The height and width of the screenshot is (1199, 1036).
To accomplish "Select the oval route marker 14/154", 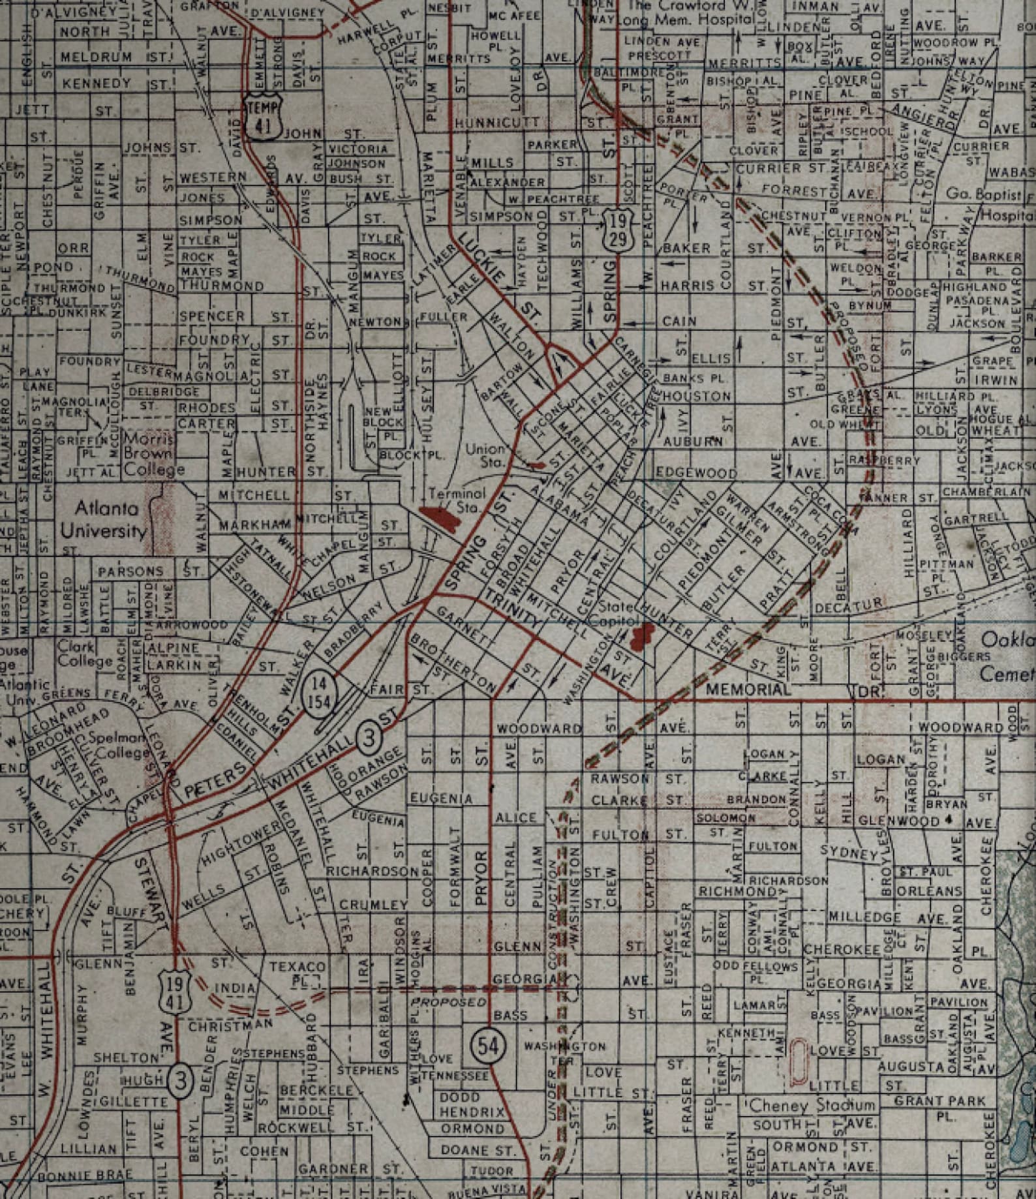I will point(318,693).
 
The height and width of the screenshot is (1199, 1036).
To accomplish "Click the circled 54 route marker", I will point(487,1046).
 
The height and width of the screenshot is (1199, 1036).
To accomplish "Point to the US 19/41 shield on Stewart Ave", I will point(175,994).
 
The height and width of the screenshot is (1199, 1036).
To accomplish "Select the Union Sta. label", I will point(485,455).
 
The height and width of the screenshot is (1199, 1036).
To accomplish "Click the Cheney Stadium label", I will point(811,1105).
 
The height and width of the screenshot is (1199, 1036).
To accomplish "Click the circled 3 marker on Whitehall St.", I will point(369,738).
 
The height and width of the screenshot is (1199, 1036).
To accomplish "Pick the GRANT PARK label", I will point(939,1101).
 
